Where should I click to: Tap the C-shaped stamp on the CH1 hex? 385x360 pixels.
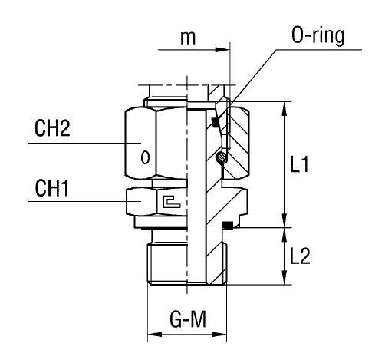tap(170, 203)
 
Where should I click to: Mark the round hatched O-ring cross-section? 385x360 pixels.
tap(222, 158)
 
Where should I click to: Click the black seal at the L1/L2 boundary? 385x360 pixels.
tap(227, 225)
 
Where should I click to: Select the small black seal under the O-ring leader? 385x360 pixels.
tap(217, 123)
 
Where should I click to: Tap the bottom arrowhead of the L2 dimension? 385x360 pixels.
tap(285, 281)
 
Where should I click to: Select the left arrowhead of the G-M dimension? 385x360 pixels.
tap(152, 335)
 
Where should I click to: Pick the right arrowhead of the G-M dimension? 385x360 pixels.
tap(224, 335)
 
